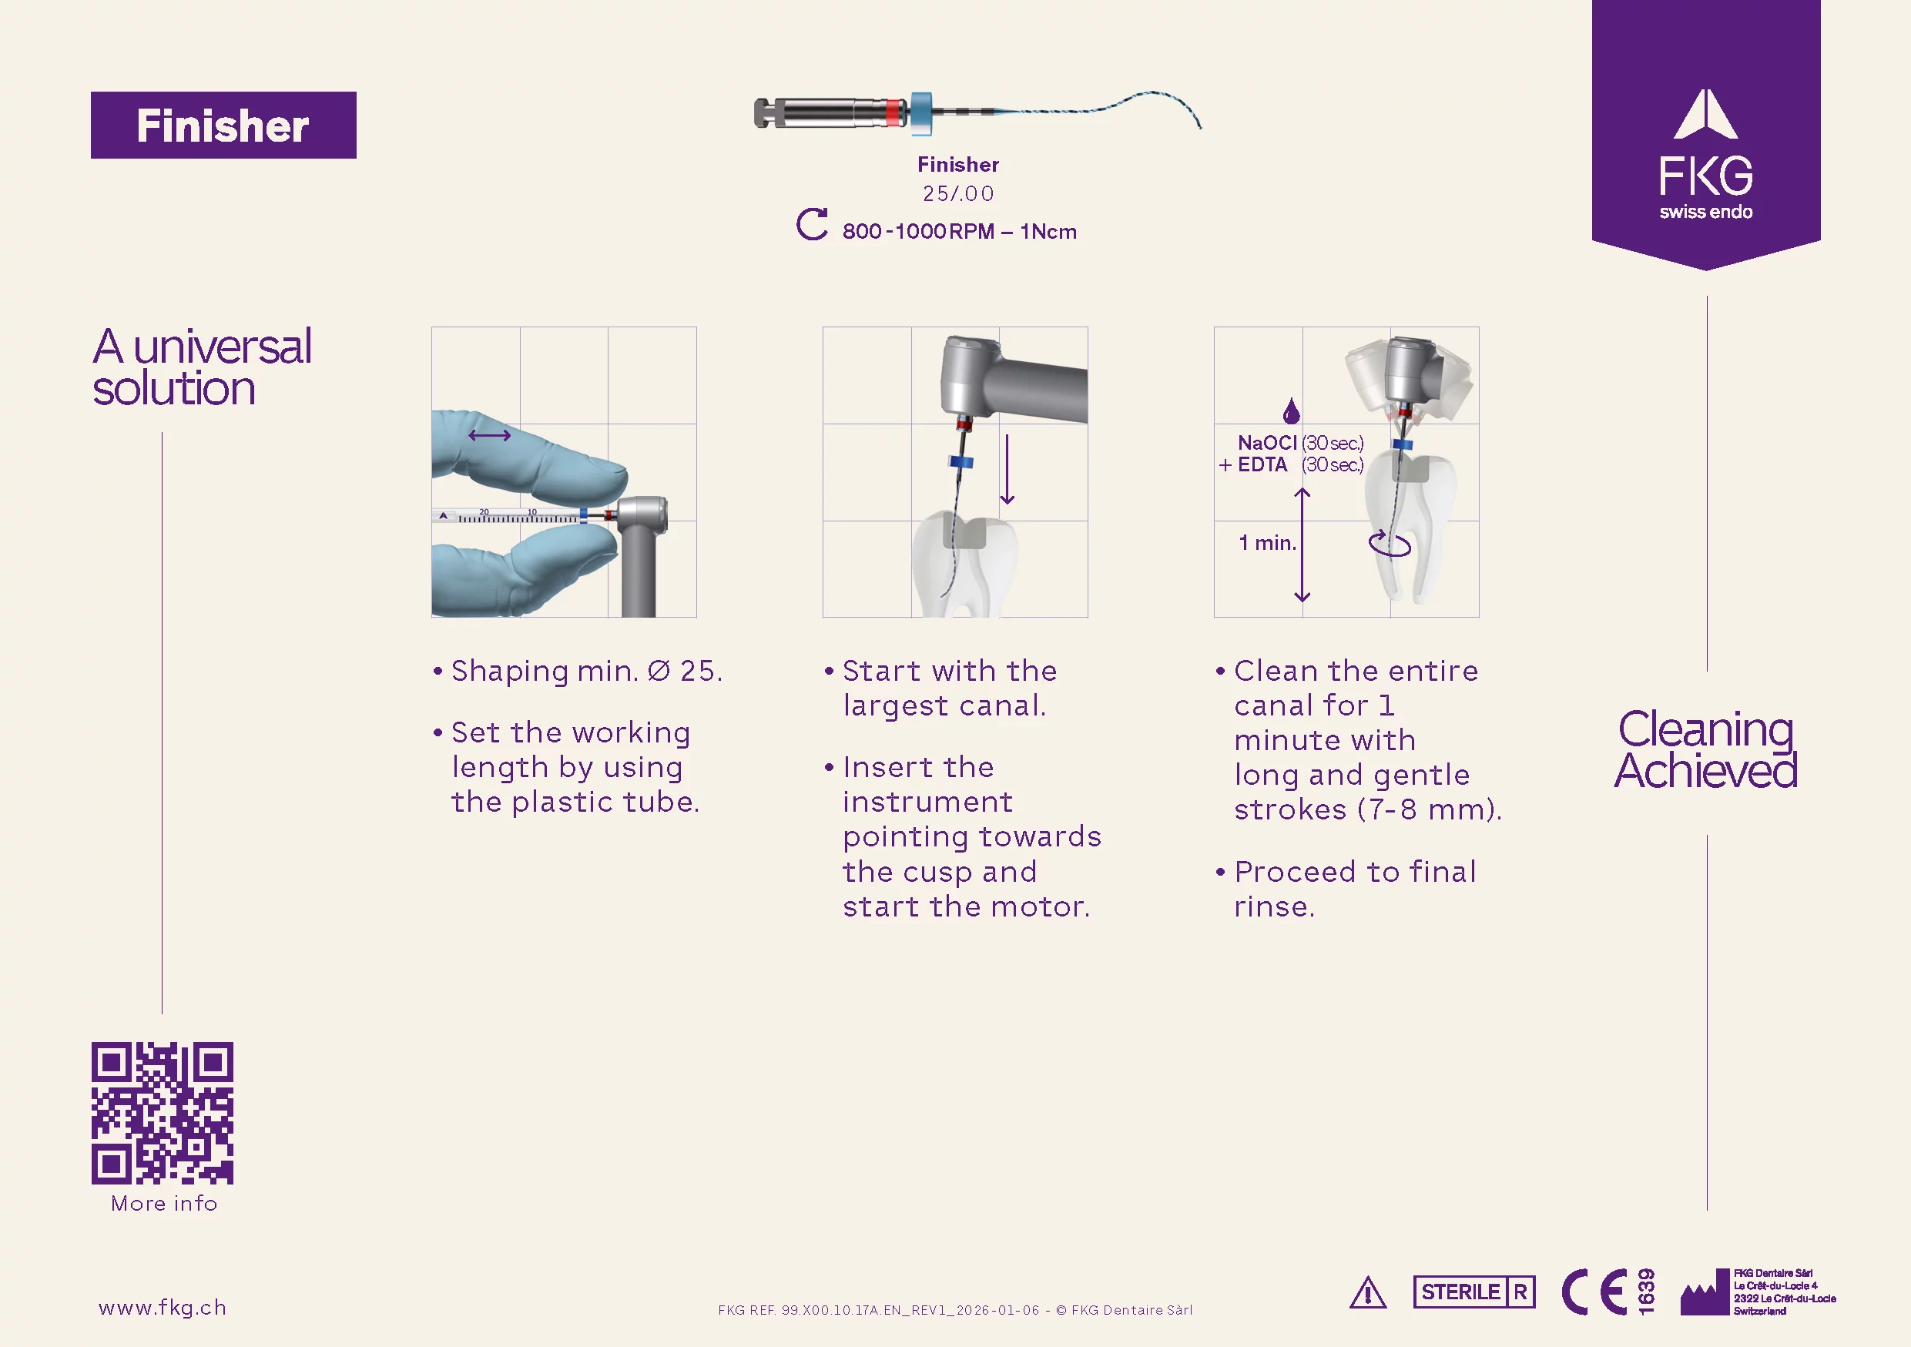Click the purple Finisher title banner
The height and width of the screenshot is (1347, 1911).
223,125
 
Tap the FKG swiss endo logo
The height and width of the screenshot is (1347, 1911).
1705,155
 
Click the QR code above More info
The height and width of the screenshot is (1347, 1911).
163,1112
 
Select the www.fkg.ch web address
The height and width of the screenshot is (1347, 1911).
163,1307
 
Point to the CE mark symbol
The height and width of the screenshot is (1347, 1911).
1594,1292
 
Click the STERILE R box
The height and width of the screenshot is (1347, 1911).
1474,1292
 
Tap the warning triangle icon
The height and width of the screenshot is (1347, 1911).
1367,1293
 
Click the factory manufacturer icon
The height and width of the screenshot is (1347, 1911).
1704,1294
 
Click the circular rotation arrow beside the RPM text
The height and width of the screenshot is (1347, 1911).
812,225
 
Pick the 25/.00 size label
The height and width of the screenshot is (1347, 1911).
958,194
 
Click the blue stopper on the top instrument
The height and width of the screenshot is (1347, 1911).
921,112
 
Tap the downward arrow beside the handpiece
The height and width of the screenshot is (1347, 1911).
1007,469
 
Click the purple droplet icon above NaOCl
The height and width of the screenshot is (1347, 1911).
1291,411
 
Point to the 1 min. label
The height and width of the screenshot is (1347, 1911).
1268,543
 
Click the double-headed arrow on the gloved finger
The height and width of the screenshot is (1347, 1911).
489,435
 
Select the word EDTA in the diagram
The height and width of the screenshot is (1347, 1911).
1262,465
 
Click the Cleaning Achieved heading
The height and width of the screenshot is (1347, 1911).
1705,749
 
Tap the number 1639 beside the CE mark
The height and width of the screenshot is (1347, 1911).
1645,1292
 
